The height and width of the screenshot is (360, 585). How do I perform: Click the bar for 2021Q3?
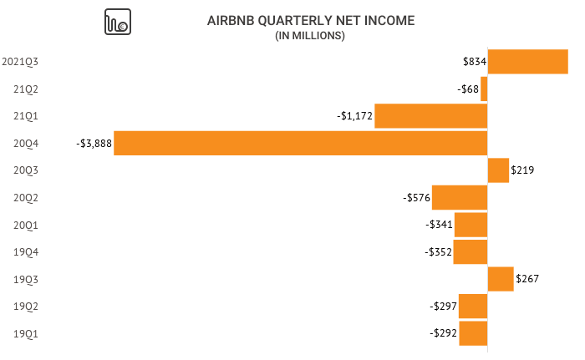click(527, 62)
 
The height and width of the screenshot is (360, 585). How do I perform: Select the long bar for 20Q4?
click(301, 143)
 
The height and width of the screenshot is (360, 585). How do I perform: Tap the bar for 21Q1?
click(430, 116)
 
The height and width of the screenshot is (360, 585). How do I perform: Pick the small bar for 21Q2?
click(484, 89)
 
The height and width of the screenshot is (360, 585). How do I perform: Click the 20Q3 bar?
click(498, 170)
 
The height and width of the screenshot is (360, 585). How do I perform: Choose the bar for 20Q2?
click(460, 197)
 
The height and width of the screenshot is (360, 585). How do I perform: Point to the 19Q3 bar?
click(501, 279)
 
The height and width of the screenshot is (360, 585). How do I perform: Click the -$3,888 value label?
click(93, 144)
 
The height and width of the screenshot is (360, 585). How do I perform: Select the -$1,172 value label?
click(354, 116)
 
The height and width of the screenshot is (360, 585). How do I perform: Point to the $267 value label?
click(528, 279)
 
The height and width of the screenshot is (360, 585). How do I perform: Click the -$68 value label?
click(467, 89)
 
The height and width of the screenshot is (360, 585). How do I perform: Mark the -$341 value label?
click(439, 225)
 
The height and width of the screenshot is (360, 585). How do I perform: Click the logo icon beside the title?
click(117, 23)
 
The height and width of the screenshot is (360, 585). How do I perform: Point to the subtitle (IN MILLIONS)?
click(310, 36)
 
